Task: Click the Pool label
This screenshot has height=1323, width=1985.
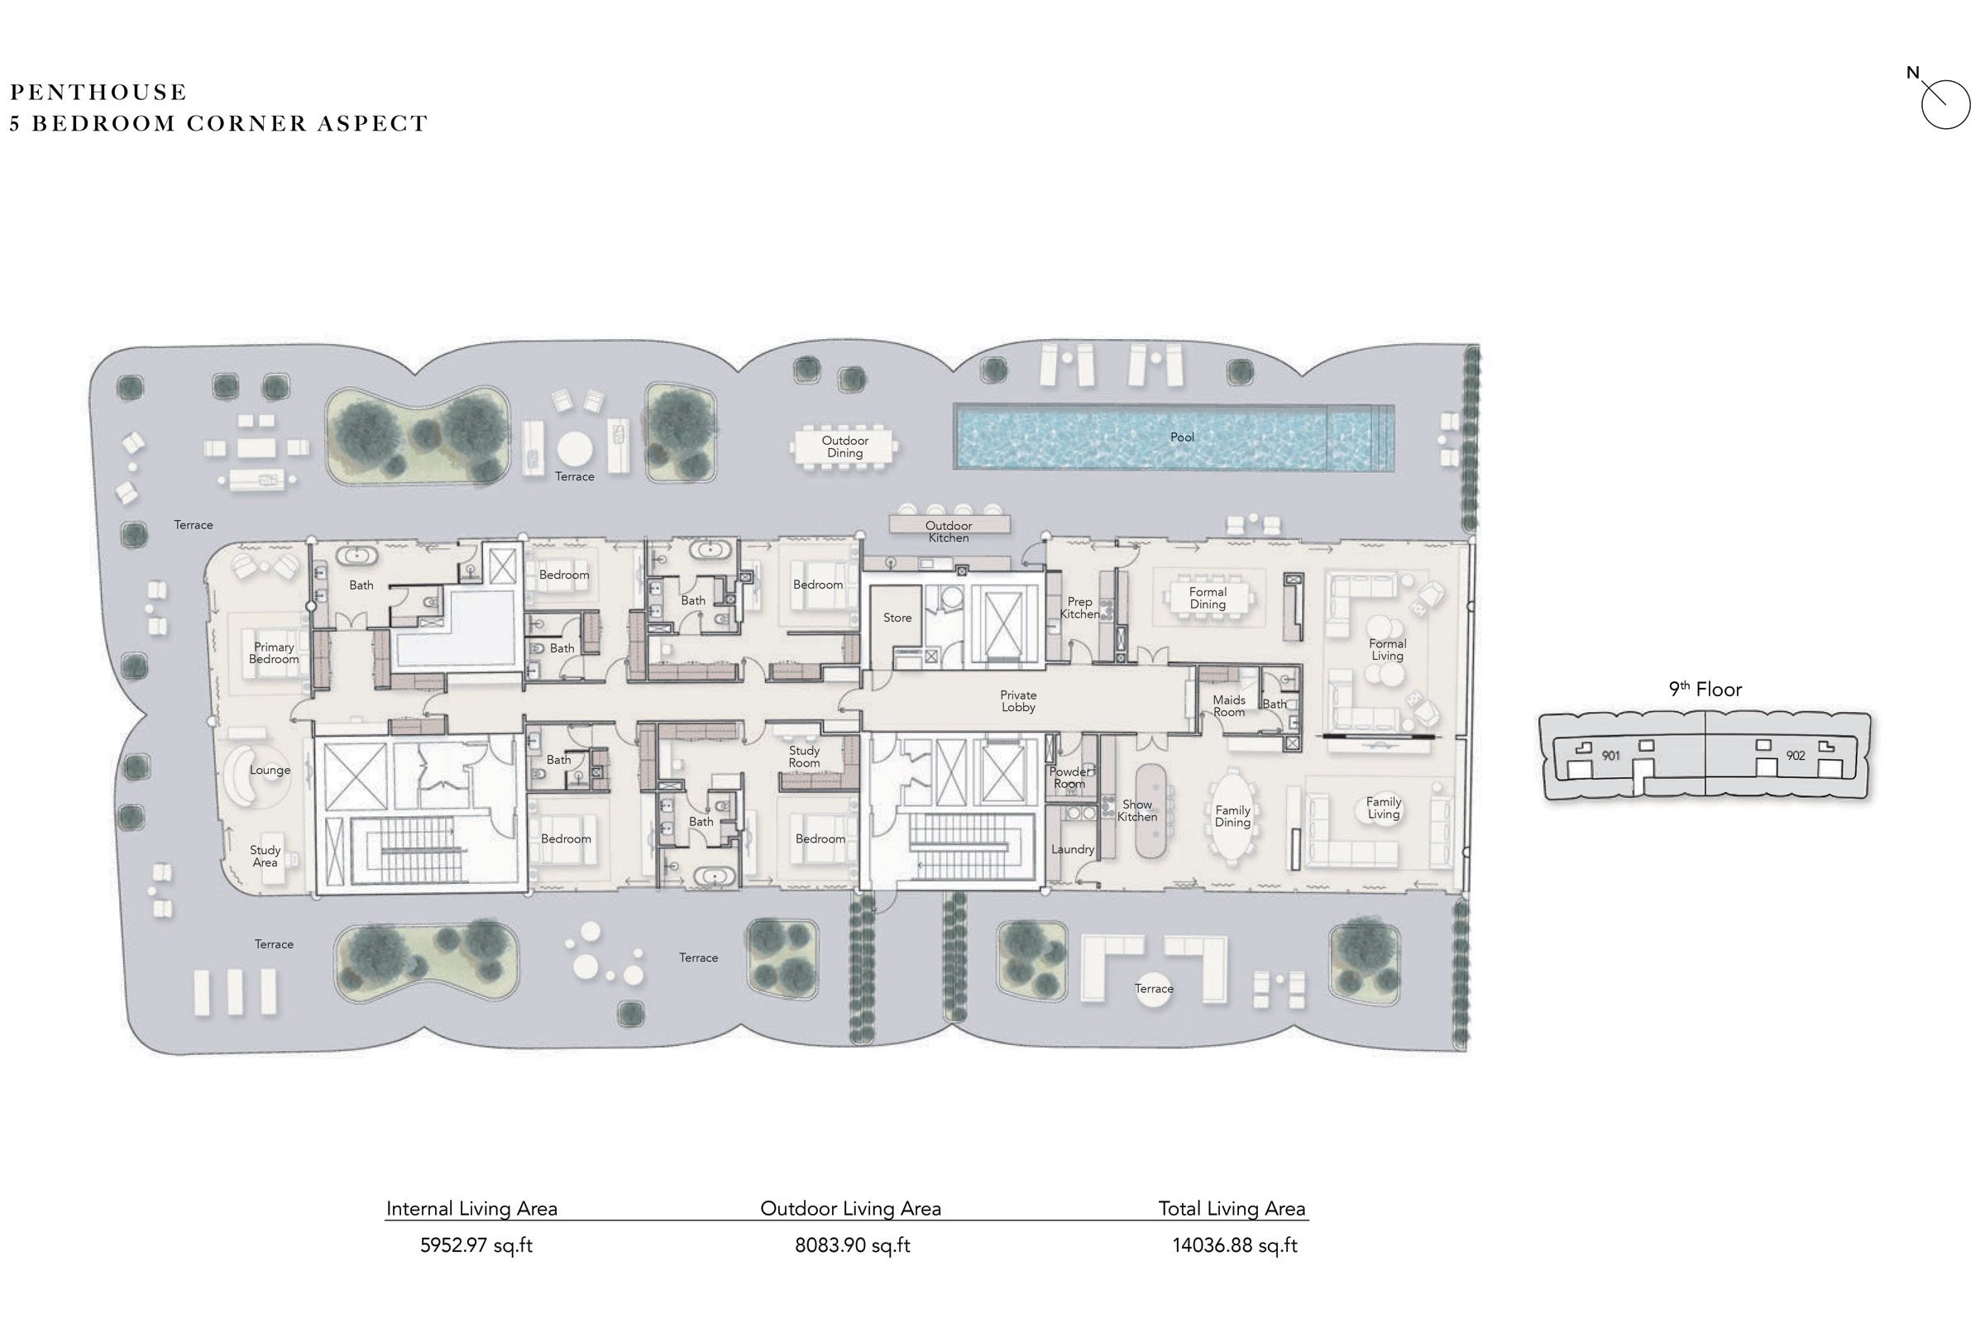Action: coord(1182,437)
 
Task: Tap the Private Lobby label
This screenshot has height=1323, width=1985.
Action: coord(1018,701)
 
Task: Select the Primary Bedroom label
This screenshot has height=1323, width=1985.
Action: coord(274,653)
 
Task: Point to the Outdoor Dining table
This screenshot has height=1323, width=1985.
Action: coord(844,447)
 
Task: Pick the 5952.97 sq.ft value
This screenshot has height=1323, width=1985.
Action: coord(476,1245)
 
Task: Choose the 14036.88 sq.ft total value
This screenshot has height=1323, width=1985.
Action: coord(1234,1245)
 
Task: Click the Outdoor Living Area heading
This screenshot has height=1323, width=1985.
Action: coord(850,1208)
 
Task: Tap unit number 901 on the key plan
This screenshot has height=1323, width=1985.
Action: coord(1610,756)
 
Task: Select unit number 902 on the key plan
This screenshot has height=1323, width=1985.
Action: coord(1795,756)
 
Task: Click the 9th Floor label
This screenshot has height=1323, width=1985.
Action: coord(1705,690)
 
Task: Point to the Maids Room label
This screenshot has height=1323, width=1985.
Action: coord(1229,705)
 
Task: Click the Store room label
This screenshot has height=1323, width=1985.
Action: coord(897,618)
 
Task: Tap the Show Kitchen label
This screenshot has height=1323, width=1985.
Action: coord(1136,811)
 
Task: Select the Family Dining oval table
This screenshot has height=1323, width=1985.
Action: coord(1232,816)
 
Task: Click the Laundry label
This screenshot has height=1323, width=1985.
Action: coord(1073,850)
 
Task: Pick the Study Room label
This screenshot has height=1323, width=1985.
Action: coord(804,756)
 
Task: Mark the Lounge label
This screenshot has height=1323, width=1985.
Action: coord(270,770)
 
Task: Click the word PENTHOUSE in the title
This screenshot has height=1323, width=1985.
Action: coord(98,92)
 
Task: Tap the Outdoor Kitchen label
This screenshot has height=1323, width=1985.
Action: coord(949,532)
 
